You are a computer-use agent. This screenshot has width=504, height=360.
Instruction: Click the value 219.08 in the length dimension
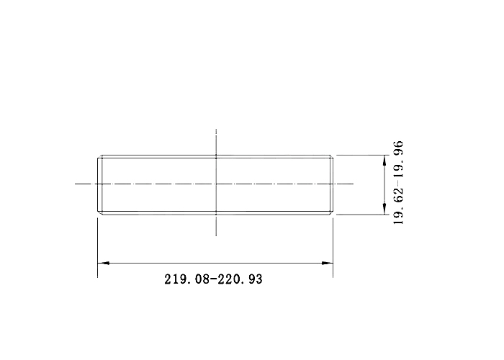pyautogui.click(x=186, y=279)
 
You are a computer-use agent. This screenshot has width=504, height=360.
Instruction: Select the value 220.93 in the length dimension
pyautogui.click(x=240, y=279)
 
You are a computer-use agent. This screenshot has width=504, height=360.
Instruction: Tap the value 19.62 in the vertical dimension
pyautogui.click(x=398, y=206)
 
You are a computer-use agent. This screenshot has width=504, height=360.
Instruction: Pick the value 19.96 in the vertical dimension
pyautogui.click(x=398, y=159)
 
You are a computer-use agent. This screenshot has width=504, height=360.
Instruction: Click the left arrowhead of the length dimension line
pyautogui.click(x=103, y=264)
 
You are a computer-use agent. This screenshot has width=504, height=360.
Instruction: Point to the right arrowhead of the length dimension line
pyautogui.click(x=327, y=264)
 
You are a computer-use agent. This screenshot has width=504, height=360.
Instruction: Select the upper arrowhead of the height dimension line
pyautogui.click(x=384, y=161)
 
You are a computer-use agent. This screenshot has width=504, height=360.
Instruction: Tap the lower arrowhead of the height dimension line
pyautogui.click(x=384, y=209)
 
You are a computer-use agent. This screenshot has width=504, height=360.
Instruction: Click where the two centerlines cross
pyautogui.click(x=216, y=184)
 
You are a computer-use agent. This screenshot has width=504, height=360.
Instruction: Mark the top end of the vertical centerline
pyautogui.click(x=216, y=129)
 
